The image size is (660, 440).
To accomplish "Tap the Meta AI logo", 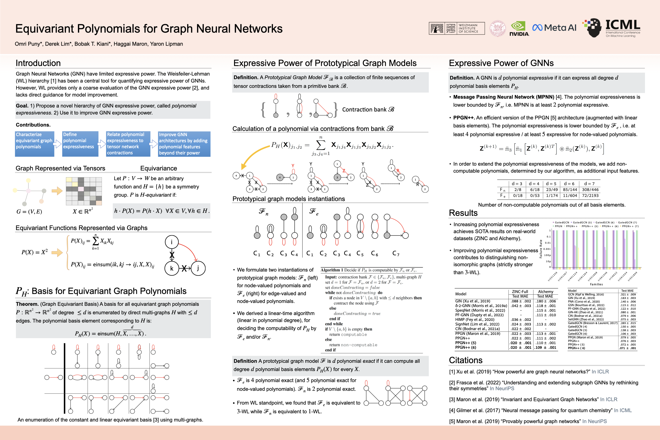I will click(x=554, y=28).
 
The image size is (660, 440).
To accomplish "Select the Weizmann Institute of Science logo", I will click(x=457, y=28).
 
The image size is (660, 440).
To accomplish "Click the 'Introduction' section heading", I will click(x=38, y=63).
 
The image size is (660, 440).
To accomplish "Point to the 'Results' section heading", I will click(x=463, y=213).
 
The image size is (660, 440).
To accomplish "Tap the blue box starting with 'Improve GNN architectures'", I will click(x=184, y=144).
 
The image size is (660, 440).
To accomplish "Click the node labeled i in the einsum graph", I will click(x=172, y=242).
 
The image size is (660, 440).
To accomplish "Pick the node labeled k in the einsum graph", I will click(x=172, y=268).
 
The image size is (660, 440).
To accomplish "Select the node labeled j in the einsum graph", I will click(x=198, y=268).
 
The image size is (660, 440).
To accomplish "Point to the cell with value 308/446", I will click(x=590, y=190).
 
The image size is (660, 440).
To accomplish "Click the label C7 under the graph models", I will click(x=396, y=254).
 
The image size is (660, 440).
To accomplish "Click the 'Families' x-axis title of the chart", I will click(x=596, y=284).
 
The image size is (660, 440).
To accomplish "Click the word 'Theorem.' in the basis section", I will click(x=27, y=304).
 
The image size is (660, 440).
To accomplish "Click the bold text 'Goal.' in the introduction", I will click(x=22, y=106).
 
